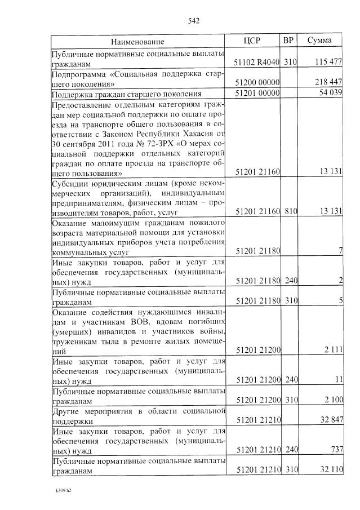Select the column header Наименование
coord(137,42)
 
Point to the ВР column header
coord(288,41)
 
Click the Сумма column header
coord(319,41)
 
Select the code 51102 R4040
coord(257,61)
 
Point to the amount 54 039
coord(331,93)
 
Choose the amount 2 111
coord(333,351)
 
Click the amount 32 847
coord(330,420)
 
